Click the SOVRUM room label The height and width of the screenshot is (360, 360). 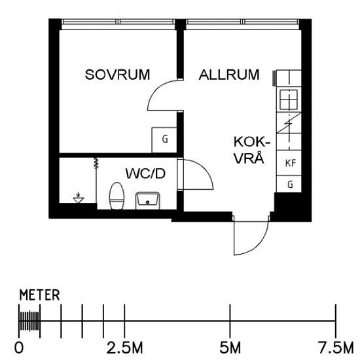pos(118,75)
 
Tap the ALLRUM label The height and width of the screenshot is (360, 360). pos(228,75)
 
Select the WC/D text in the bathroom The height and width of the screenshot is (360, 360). pos(145,174)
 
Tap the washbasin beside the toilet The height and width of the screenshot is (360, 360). pos(147,199)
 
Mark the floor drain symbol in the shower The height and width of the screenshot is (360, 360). pos(79,197)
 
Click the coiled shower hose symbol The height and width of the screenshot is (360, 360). pos(96,164)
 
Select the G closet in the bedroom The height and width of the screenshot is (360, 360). pos(164,139)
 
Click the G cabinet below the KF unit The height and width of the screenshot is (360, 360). pos(289,185)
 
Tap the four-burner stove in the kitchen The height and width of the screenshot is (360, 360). pos(289,100)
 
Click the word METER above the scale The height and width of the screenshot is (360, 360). pos(39,295)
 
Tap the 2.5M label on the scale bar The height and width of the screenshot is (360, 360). pos(124,346)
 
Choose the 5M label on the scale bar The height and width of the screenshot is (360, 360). pos(230,346)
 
